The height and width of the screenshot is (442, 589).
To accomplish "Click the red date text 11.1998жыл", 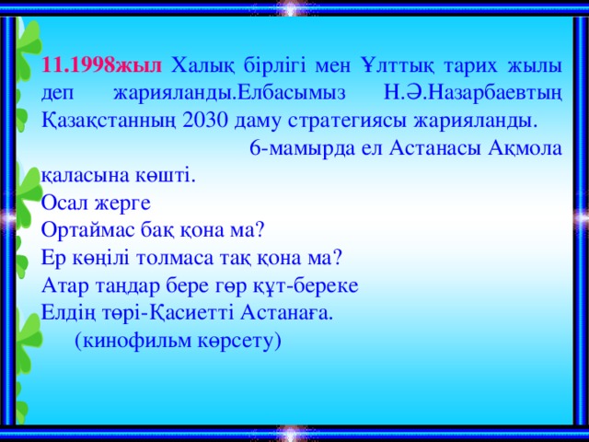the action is pyautogui.click(x=102, y=65).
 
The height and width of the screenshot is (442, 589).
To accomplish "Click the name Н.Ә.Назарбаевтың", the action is pyautogui.click(x=473, y=93).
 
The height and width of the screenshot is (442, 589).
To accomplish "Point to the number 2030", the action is pyautogui.click(x=205, y=121).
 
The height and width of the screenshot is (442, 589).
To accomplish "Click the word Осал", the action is pyautogui.click(x=64, y=203).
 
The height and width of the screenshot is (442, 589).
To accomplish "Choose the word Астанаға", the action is pyautogui.click(x=286, y=313).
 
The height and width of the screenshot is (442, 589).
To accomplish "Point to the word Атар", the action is pyautogui.click(x=65, y=286).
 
